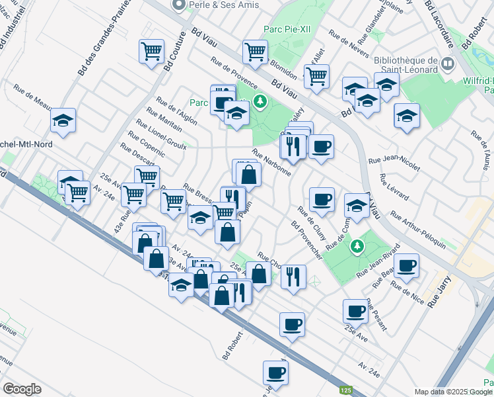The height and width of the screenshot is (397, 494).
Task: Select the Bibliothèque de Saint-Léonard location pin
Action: click(448, 65)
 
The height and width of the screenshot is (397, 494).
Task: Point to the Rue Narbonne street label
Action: click(271, 162)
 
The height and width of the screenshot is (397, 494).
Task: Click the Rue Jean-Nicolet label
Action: click(394, 163)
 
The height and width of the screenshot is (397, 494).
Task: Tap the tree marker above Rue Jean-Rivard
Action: click(357, 246)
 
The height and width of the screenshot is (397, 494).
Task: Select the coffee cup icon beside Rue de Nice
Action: click(406, 265)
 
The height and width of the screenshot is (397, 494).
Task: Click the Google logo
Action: click(22, 389)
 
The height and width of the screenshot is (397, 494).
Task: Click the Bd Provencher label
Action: click(306, 240)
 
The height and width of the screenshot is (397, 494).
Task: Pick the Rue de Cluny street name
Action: click(312, 224)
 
